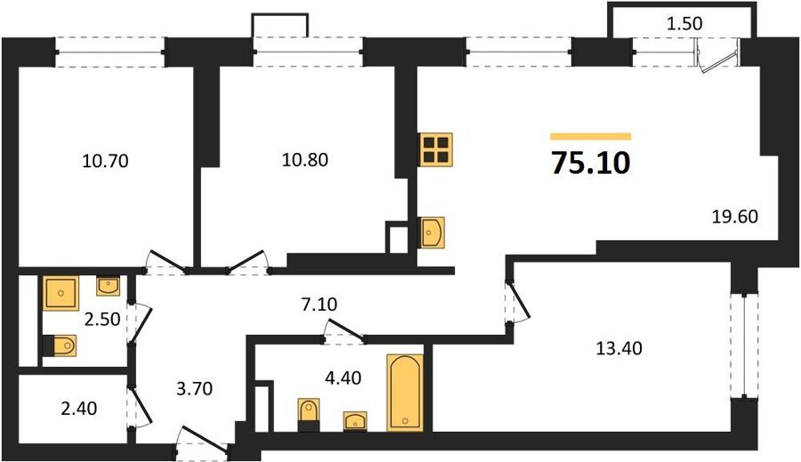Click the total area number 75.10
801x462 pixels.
pyautogui.click(x=591, y=164)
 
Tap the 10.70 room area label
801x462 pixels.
pyautogui.click(x=105, y=161)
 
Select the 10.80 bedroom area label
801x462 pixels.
pyautogui.click(x=305, y=160)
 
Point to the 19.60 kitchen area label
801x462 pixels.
pyautogui.click(x=735, y=216)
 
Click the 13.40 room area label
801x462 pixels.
pyautogui.click(x=619, y=349)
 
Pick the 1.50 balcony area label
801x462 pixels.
pyautogui.click(x=685, y=23)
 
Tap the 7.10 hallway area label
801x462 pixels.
pyautogui.click(x=319, y=304)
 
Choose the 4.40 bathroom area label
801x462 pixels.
pyautogui.click(x=344, y=378)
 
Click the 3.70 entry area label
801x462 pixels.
pyautogui.click(x=194, y=389)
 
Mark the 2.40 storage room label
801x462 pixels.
pyautogui.click(x=78, y=409)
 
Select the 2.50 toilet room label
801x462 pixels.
pyautogui.click(x=102, y=320)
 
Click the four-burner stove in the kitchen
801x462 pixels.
pyautogui.click(x=436, y=150)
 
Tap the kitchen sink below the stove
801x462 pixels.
pyautogui.click(x=431, y=232)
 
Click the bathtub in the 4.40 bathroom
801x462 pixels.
pyautogui.click(x=405, y=393)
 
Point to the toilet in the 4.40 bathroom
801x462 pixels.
pyautogui.click(x=309, y=415)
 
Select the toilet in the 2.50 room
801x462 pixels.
pyautogui.click(x=60, y=345)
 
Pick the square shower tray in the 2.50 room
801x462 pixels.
pyautogui.click(x=61, y=293)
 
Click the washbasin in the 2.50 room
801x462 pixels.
pyautogui.click(x=109, y=287)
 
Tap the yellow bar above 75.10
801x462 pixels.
pyautogui.click(x=591, y=136)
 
